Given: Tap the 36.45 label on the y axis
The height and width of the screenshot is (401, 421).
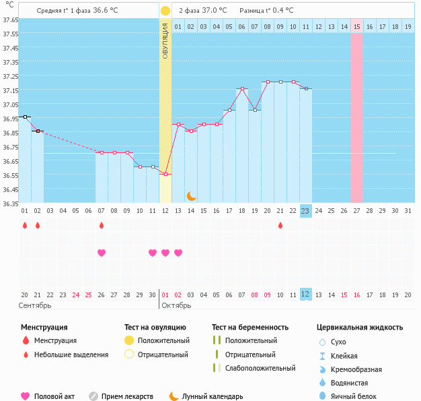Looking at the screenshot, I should click(10, 189).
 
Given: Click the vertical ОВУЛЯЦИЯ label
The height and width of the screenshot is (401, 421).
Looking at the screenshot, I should click(165, 40).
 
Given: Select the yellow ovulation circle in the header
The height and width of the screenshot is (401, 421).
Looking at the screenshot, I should click(165, 11).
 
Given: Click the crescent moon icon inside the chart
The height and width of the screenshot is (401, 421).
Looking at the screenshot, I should click(192, 196).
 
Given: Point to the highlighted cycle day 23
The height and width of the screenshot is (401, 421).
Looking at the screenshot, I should click(305, 210).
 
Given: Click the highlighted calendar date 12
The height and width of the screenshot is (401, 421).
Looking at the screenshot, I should click(305, 294).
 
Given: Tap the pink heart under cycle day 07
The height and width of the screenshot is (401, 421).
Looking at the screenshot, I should click(102, 253).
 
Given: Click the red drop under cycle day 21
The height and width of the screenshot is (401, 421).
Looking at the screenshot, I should click(280, 225).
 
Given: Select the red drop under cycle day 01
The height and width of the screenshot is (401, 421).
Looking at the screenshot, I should click(24, 225).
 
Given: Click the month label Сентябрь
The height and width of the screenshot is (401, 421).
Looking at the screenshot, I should click(35, 305).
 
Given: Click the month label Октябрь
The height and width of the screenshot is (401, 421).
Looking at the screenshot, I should click(177, 305).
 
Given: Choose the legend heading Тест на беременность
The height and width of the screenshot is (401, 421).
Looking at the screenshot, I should click(250, 327).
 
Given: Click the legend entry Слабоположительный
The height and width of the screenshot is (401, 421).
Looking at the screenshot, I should click(260, 368).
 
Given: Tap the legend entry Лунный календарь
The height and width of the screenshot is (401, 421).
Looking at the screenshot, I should click(217, 396).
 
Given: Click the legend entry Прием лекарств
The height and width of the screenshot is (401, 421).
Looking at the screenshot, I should click(126, 396).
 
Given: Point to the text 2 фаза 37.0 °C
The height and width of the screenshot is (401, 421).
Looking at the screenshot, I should click(202, 11).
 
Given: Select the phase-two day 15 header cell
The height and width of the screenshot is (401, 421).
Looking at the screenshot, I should click(356, 27).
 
